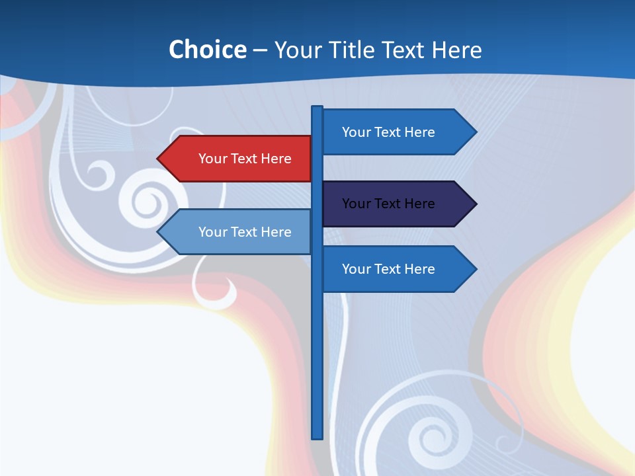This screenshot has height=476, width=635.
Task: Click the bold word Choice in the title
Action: (207, 50)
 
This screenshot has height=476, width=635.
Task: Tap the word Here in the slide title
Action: (456, 50)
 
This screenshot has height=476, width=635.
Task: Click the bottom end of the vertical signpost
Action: (317, 436)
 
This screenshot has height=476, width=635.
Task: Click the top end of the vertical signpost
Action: (317, 108)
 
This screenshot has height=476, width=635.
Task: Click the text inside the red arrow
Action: (245, 159)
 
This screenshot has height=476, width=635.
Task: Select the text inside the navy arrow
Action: (388, 204)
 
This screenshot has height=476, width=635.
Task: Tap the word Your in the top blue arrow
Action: (355, 132)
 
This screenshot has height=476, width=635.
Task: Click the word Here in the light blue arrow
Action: (276, 232)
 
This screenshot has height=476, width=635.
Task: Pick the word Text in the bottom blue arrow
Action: (387, 269)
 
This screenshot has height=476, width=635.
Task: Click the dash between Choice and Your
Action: (260, 50)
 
